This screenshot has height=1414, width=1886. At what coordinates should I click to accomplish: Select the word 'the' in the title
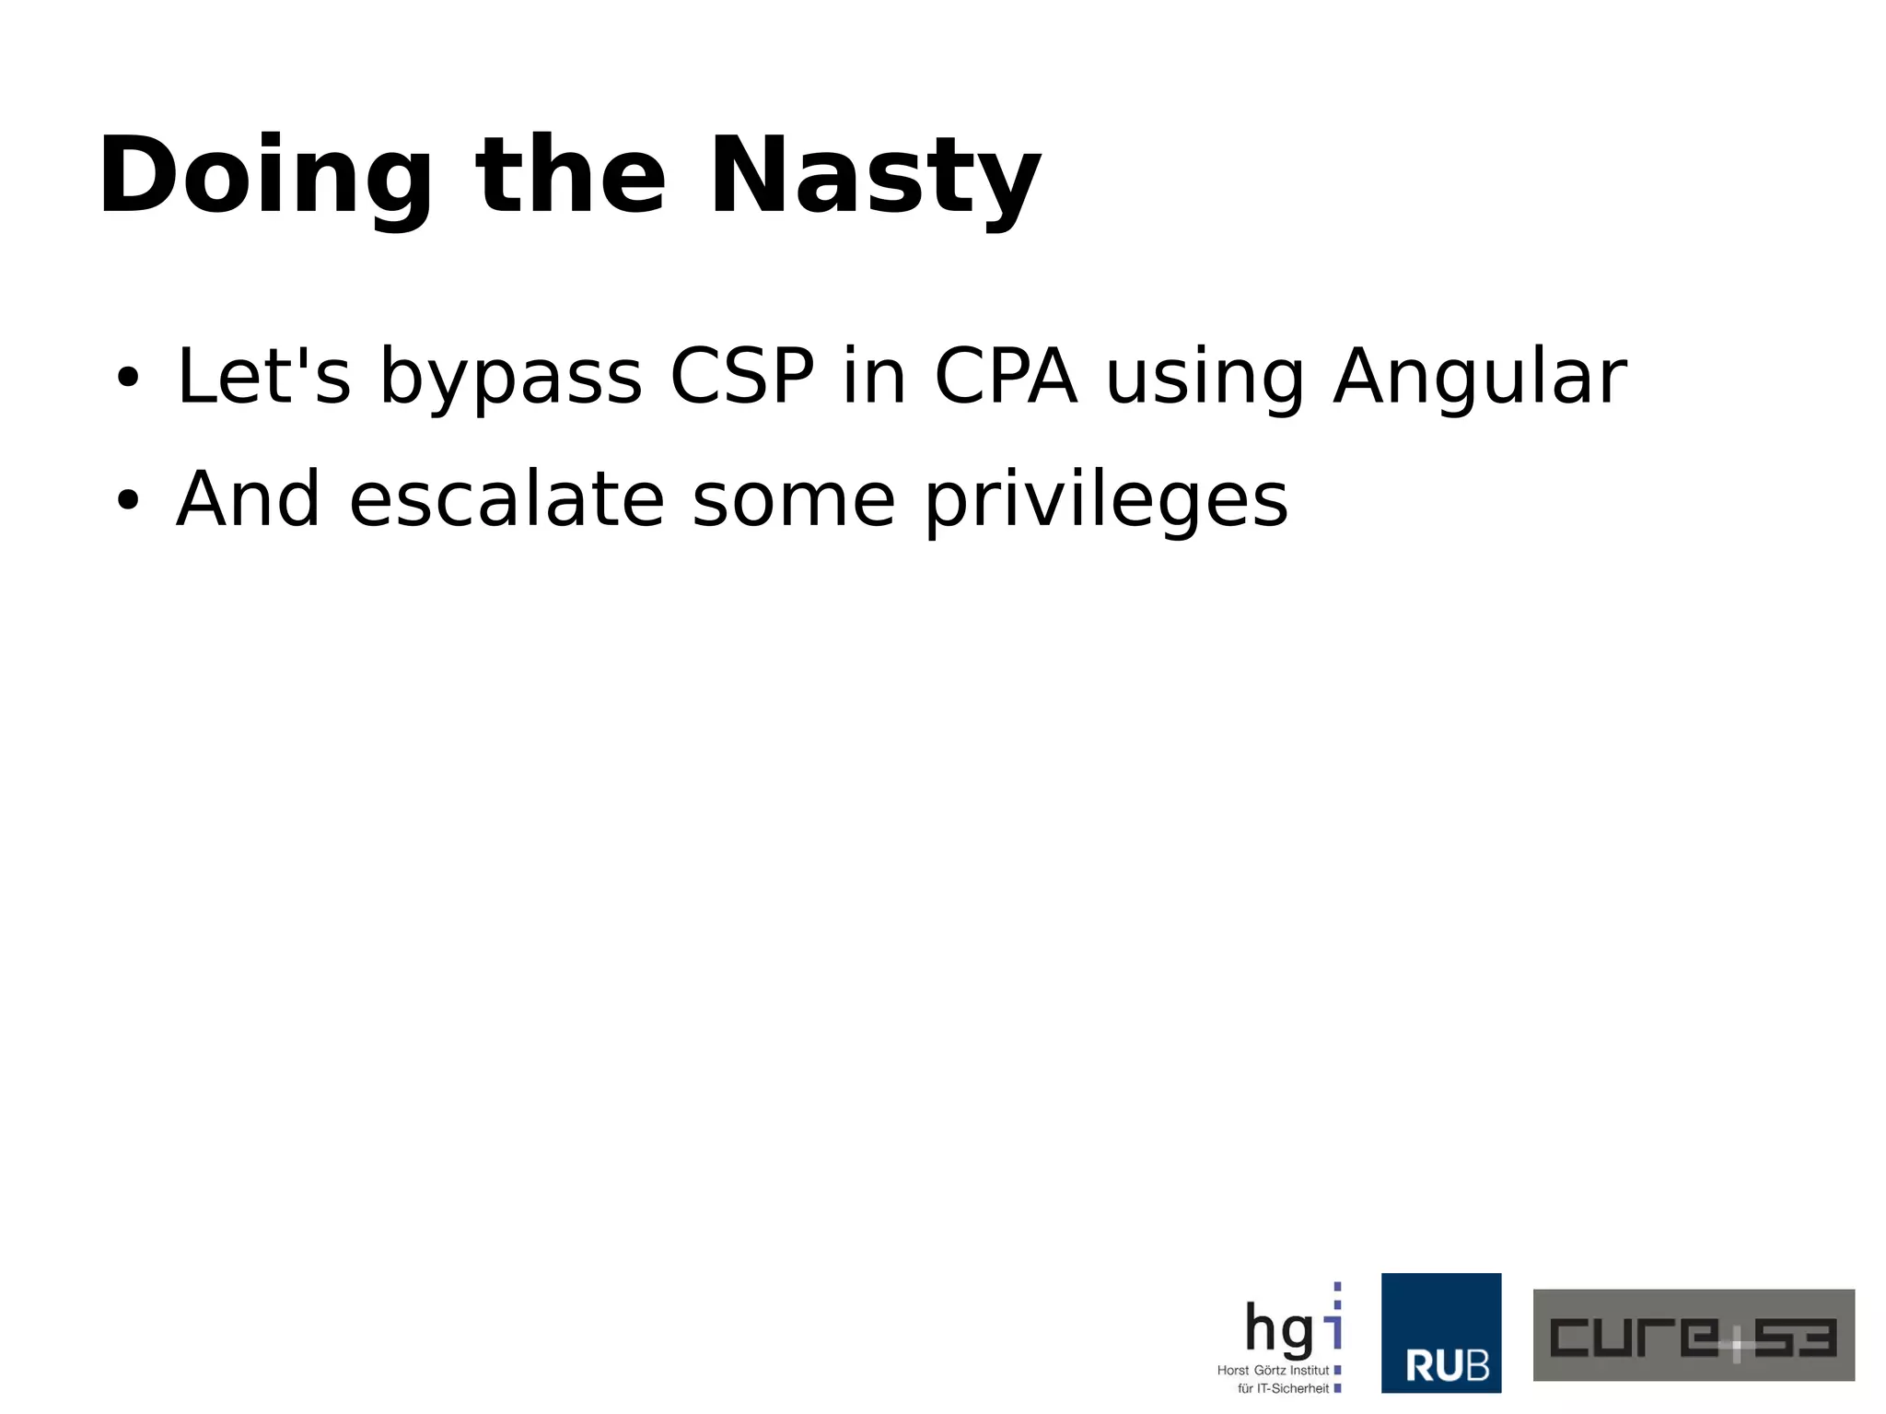click(570, 175)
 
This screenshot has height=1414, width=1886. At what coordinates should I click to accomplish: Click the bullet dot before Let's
click(127, 377)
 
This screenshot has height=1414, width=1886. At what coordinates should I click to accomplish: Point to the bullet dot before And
click(127, 499)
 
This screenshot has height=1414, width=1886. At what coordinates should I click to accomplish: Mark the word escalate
click(506, 499)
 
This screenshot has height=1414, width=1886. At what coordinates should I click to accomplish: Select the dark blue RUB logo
click(1440, 1333)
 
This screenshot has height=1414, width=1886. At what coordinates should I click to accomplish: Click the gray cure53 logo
click(1693, 1335)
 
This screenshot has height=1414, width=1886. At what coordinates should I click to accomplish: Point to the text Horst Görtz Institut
click(1273, 1371)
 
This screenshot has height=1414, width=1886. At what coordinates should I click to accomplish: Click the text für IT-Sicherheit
click(1283, 1388)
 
